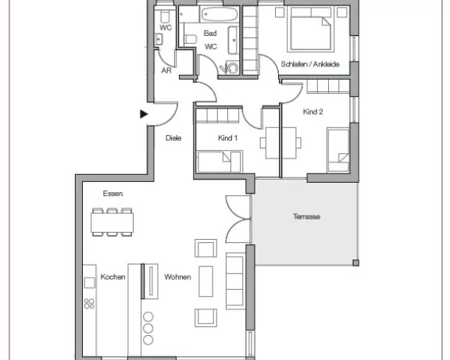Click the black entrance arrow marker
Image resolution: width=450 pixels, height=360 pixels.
[x=144, y=114]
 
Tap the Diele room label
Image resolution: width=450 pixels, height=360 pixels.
[x=173, y=138]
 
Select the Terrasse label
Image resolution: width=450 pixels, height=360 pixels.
[x=306, y=216]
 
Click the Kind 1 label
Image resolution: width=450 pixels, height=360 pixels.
[x=228, y=138]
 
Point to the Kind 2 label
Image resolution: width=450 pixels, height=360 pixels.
[x=312, y=112]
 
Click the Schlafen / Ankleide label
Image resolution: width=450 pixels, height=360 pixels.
[x=310, y=64]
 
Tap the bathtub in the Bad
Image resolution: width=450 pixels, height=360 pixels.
[x=220, y=14]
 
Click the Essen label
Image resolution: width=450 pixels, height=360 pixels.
[x=112, y=194]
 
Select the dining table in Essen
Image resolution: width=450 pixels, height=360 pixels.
[x=112, y=223]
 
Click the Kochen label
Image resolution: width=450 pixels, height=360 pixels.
[x=112, y=276]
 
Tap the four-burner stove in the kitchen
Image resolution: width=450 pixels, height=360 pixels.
[x=89, y=304]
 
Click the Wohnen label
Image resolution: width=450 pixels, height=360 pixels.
[x=177, y=276]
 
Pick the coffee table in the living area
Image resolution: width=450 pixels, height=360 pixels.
[x=206, y=281]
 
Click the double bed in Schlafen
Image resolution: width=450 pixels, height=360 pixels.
[x=310, y=29]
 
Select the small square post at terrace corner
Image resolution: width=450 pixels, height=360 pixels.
[x=355, y=262]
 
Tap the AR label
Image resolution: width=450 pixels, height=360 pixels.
[x=166, y=70]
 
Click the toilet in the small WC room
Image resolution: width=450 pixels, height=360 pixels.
[x=164, y=17]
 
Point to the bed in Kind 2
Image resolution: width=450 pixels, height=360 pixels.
[x=338, y=151]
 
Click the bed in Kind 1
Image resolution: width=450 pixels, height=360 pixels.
[x=220, y=162]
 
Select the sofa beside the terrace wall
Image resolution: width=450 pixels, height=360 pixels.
[x=235, y=281]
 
